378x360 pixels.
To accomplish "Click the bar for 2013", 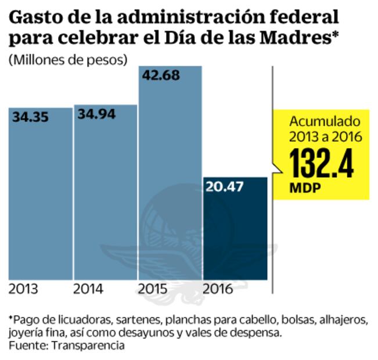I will [x=39, y=197].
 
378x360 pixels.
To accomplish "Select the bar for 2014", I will [x=105, y=197].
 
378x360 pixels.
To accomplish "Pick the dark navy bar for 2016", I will [x=235, y=232].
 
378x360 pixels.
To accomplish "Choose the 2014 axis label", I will [x=88, y=289].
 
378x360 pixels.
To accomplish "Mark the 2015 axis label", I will [x=153, y=289].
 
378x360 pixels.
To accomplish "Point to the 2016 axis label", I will [x=218, y=289].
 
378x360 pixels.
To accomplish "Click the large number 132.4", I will [x=322, y=164].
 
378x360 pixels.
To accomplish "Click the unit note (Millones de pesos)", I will [x=68, y=59].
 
